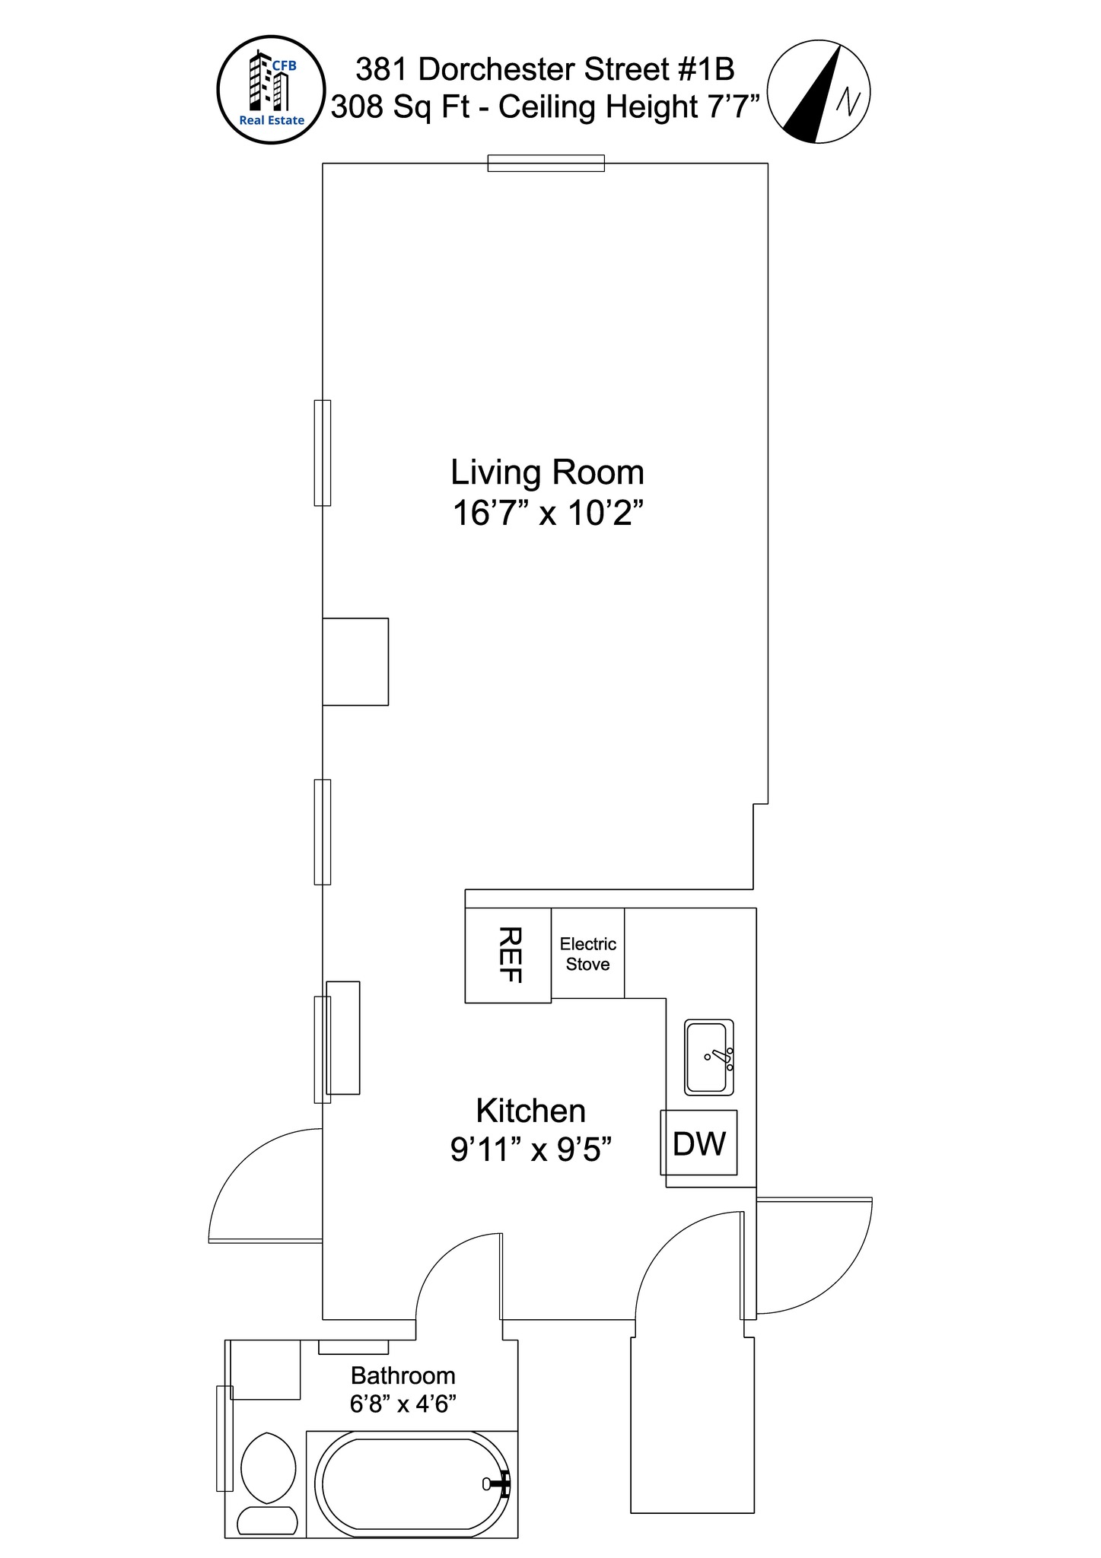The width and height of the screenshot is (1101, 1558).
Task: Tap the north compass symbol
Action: (x=818, y=93)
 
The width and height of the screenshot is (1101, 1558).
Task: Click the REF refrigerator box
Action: (x=508, y=955)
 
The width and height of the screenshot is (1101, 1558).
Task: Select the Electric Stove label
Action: (x=587, y=954)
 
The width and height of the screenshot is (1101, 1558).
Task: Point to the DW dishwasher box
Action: (x=698, y=1143)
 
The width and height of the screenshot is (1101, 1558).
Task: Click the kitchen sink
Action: (x=708, y=1057)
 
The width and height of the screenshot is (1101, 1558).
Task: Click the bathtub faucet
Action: (x=498, y=1483)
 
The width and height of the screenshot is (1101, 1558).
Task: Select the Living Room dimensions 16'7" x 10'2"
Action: (x=547, y=514)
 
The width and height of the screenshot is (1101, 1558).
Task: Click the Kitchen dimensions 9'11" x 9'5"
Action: (x=531, y=1149)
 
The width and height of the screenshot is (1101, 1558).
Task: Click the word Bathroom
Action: (x=403, y=1375)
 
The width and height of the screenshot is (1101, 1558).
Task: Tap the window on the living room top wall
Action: (x=546, y=163)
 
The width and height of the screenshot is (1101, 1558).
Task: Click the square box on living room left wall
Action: (x=355, y=661)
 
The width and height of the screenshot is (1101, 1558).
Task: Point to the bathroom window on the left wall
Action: (x=224, y=1438)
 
